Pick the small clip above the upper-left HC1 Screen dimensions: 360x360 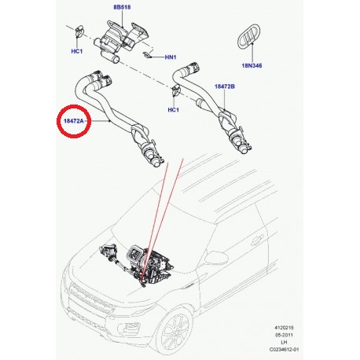click(x=81, y=34)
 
